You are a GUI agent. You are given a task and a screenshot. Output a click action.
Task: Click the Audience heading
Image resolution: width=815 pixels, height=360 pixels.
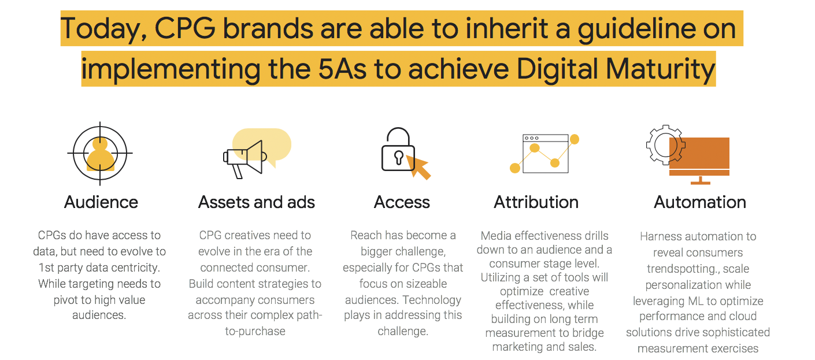[101, 202]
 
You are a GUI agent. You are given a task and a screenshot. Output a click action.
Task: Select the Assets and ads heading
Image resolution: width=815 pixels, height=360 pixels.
[257, 202]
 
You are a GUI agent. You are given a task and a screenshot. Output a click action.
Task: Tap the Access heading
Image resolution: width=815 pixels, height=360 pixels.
[402, 202]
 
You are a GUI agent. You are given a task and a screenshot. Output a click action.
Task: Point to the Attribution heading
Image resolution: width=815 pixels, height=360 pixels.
[536, 202]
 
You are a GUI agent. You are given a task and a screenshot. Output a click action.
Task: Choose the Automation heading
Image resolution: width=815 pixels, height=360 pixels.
[699, 202]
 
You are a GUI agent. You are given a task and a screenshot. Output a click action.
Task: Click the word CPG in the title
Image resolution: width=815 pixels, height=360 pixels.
[185, 28]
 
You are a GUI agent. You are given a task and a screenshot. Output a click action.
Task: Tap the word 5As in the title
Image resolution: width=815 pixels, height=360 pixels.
[342, 69]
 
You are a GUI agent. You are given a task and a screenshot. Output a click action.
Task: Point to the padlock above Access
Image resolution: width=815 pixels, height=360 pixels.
[398, 150]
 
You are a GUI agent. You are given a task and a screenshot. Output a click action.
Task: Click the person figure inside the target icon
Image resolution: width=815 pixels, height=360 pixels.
[100, 154]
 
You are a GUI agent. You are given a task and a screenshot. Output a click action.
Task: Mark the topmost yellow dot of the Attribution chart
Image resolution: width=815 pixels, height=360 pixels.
[575, 139]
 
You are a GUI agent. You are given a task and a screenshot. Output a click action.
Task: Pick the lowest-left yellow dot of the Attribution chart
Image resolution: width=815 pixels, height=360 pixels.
[515, 168]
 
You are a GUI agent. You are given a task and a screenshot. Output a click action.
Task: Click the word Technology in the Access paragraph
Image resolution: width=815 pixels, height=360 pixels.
[432, 300]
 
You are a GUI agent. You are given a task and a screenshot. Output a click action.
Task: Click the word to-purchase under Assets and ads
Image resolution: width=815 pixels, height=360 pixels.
[255, 332]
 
